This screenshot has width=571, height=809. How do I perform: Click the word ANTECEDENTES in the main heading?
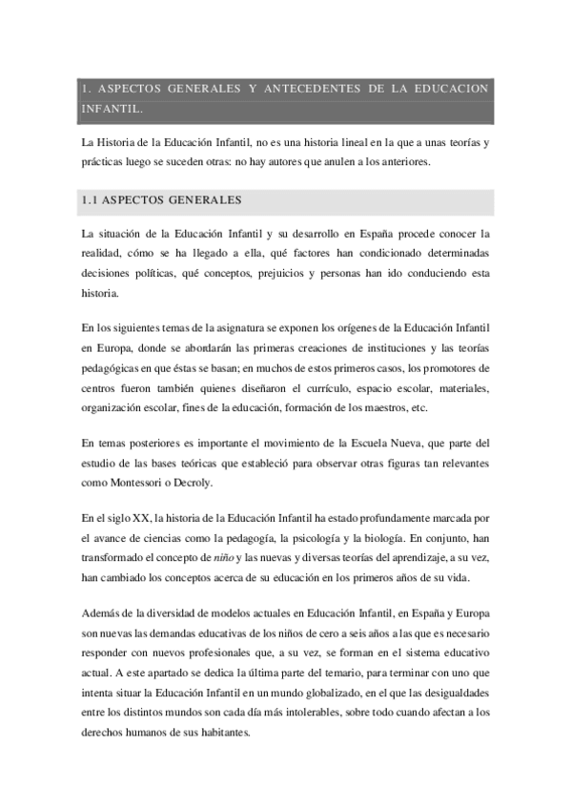310,89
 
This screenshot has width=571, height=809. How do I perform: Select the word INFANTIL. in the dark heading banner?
112,110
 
